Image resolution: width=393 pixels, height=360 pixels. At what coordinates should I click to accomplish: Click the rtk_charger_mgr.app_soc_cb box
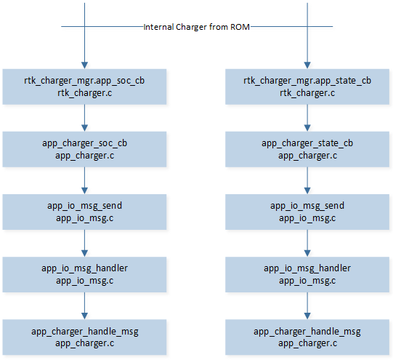pos(84,87)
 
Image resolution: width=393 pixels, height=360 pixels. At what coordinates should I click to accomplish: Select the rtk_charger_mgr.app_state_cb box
pos(307,87)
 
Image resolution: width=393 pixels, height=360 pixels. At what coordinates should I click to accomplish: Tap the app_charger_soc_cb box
pos(84,149)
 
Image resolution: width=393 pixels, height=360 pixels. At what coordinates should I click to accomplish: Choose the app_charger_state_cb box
pos(307,149)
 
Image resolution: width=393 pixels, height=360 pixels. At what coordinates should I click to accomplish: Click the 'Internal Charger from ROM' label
pos(196,27)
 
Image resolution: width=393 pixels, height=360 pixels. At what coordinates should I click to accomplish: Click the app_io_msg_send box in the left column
pos(84,212)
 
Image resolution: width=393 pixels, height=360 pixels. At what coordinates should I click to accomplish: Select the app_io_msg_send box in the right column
pos(307,212)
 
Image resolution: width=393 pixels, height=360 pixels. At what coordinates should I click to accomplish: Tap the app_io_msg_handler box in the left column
pos(84,274)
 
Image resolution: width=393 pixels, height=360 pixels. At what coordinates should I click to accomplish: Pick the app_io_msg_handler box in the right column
pos(307,274)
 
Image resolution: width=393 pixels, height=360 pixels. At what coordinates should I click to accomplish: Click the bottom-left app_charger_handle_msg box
pos(84,337)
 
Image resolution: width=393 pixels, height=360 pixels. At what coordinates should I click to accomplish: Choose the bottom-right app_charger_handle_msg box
pos(307,337)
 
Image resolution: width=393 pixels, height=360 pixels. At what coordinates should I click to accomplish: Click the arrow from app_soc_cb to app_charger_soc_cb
pos(84,118)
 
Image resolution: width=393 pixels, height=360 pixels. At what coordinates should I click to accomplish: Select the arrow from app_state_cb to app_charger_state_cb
pos(307,118)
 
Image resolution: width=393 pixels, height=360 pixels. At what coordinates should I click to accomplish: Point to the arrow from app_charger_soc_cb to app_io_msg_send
pos(84,180)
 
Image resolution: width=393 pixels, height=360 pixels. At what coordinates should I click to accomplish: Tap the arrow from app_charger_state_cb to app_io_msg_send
pos(307,180)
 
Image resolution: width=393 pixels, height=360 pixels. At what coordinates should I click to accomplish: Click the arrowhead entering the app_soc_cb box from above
pos(85,65)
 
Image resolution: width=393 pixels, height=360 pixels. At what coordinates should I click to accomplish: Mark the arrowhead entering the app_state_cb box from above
pos(307,65)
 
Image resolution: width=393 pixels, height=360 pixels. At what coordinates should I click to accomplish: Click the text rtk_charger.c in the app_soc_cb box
pos(85,93)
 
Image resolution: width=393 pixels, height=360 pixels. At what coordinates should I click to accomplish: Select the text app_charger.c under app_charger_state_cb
pos(307,156)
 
